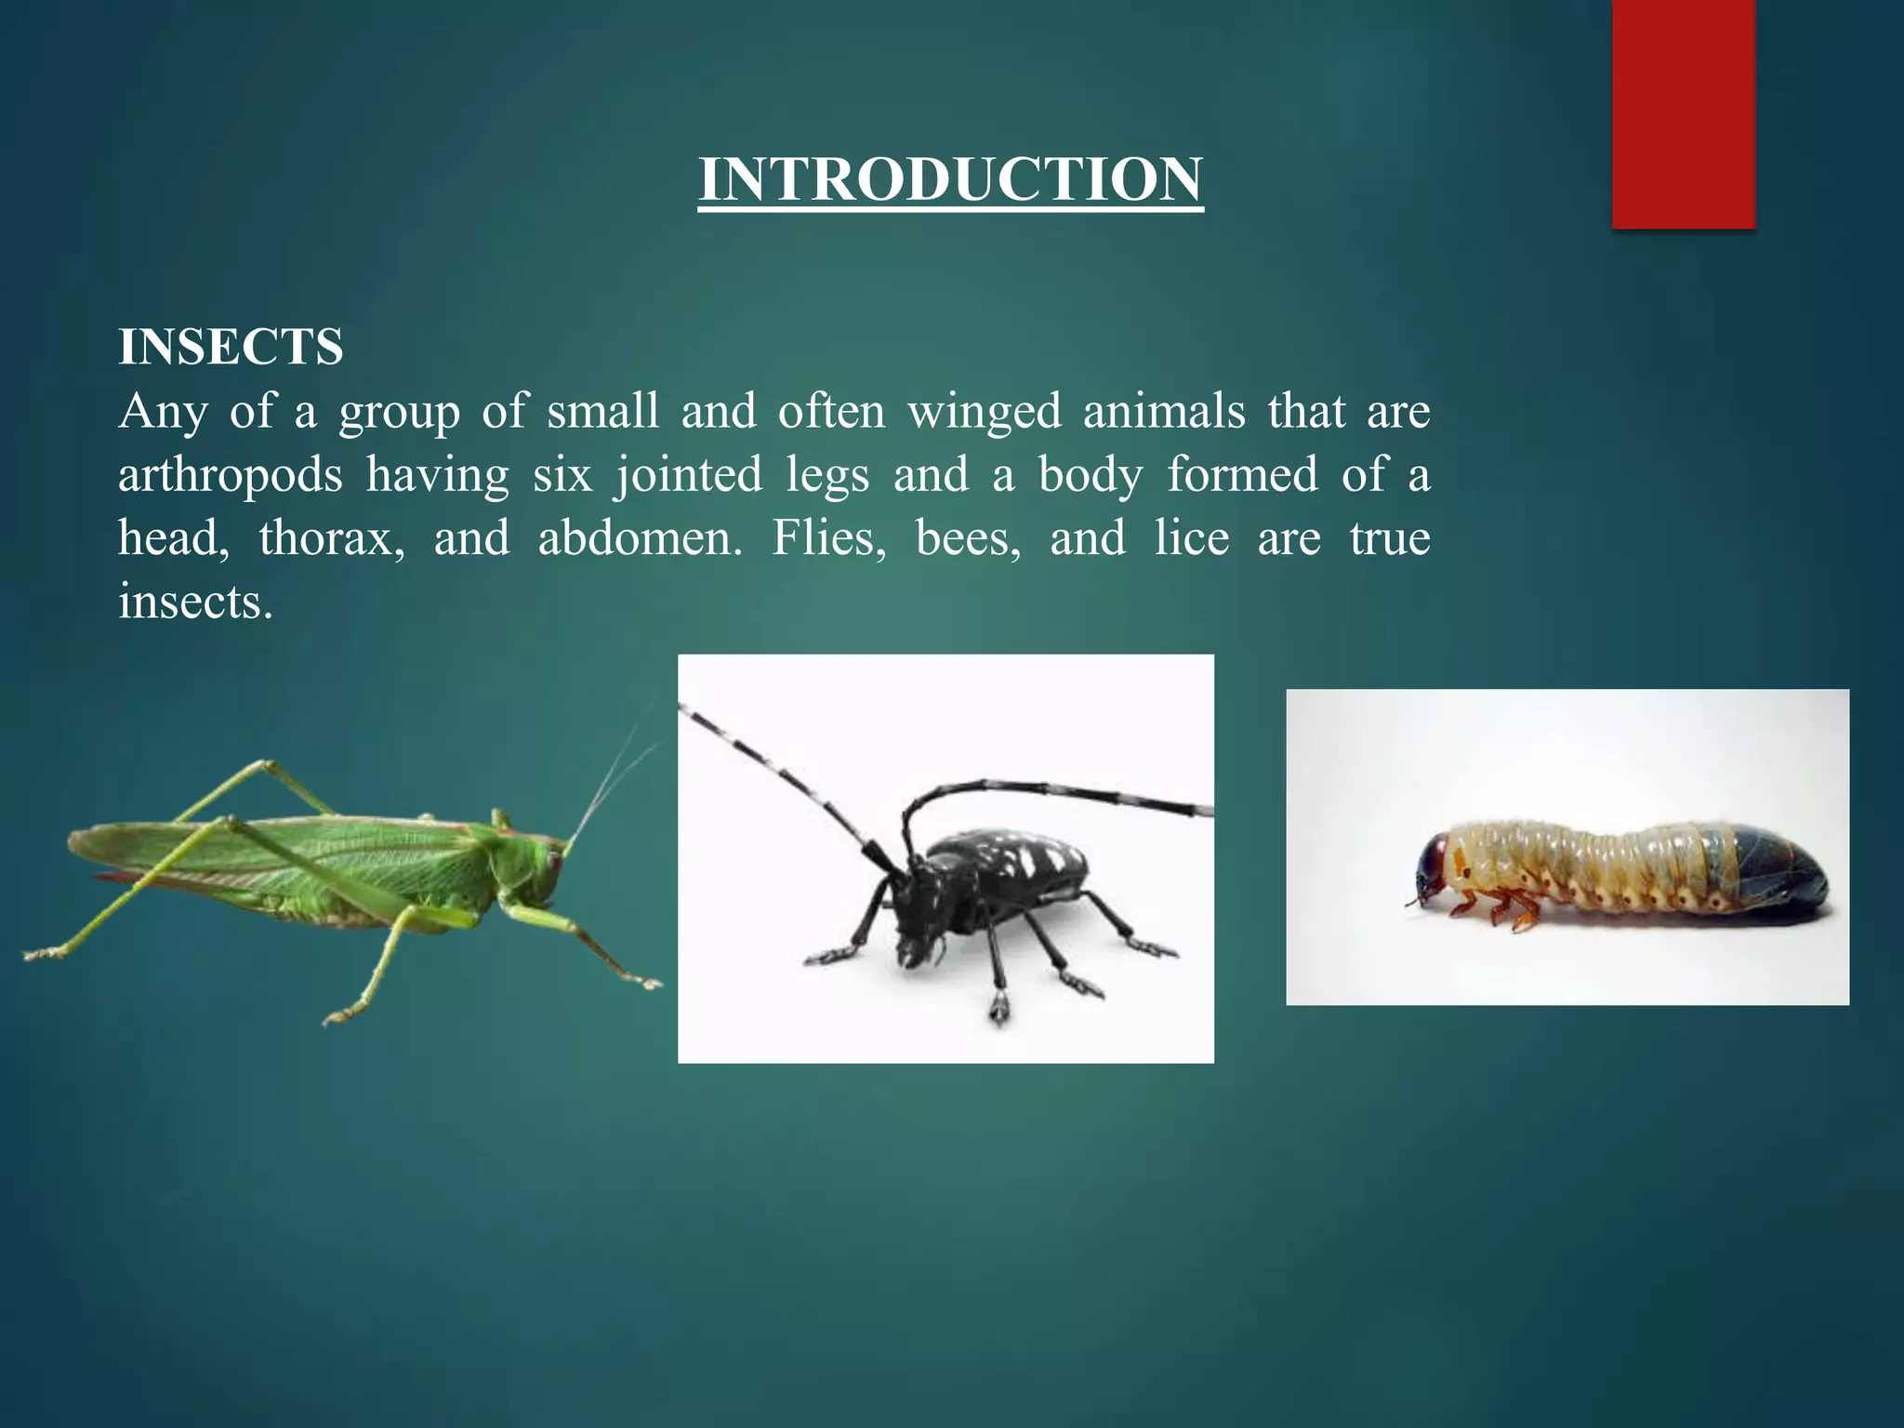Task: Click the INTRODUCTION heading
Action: click(x=951, y=179)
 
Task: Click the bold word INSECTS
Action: click(x=231, y=347)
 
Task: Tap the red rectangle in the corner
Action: click(x=1683, y=112)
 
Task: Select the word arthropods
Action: click(x=231, y=476)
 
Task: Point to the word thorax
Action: click(x=331, y=538)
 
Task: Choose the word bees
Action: click(x=968, y=538)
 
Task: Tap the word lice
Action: click(x=1191, y=538)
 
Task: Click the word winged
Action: click(x=984, y=411)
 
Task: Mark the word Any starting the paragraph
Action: click(x=163, y=412)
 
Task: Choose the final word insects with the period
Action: click(x=195, y=602)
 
